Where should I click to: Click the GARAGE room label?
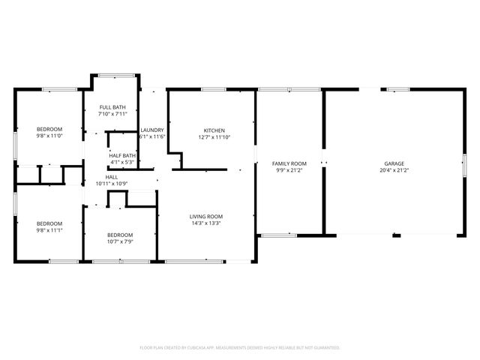click(394, 163)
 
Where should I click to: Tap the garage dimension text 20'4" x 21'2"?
click(394, 171)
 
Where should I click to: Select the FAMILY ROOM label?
click(289, 163)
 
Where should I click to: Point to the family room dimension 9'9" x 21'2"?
click(289, 171)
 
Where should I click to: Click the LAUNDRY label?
click(152, 130)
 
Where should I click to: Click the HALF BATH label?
click(122, 155)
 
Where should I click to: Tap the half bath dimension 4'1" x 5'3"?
click(122, 162)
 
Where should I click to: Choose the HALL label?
click(111, 177)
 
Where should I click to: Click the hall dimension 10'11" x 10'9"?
click(111, 184)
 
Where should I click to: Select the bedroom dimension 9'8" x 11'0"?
click(49, 136)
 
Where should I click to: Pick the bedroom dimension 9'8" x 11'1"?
click(49, 231)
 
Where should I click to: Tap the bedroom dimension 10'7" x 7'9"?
click(120, 241)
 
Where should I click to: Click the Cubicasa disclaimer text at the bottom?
click(240, 347)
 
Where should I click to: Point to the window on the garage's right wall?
click(465, 163)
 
